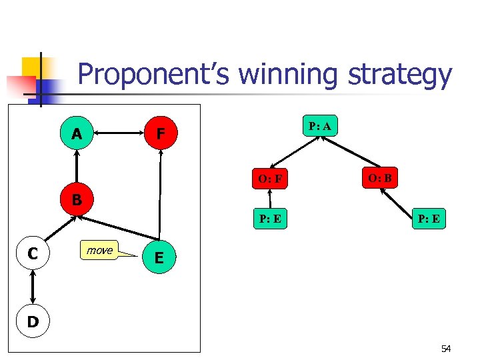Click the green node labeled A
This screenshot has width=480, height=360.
point(77,134)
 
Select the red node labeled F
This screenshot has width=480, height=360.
point(160,134)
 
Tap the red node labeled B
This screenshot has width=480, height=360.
point(77,199)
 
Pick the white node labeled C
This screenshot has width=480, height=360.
point(31,253)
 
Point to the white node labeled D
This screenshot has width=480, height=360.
point(31,322)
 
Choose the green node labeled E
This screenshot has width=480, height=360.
point(159,257)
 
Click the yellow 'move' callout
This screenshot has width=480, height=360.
point(100,250)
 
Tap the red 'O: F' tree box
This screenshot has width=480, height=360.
point(269,179)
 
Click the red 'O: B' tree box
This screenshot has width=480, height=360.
point(380,177)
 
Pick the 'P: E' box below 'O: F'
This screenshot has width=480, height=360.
point(269,219)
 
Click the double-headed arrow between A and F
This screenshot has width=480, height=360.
point(118,134)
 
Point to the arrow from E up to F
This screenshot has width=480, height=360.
point(160,193)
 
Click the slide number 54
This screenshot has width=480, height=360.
point(445,349)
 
